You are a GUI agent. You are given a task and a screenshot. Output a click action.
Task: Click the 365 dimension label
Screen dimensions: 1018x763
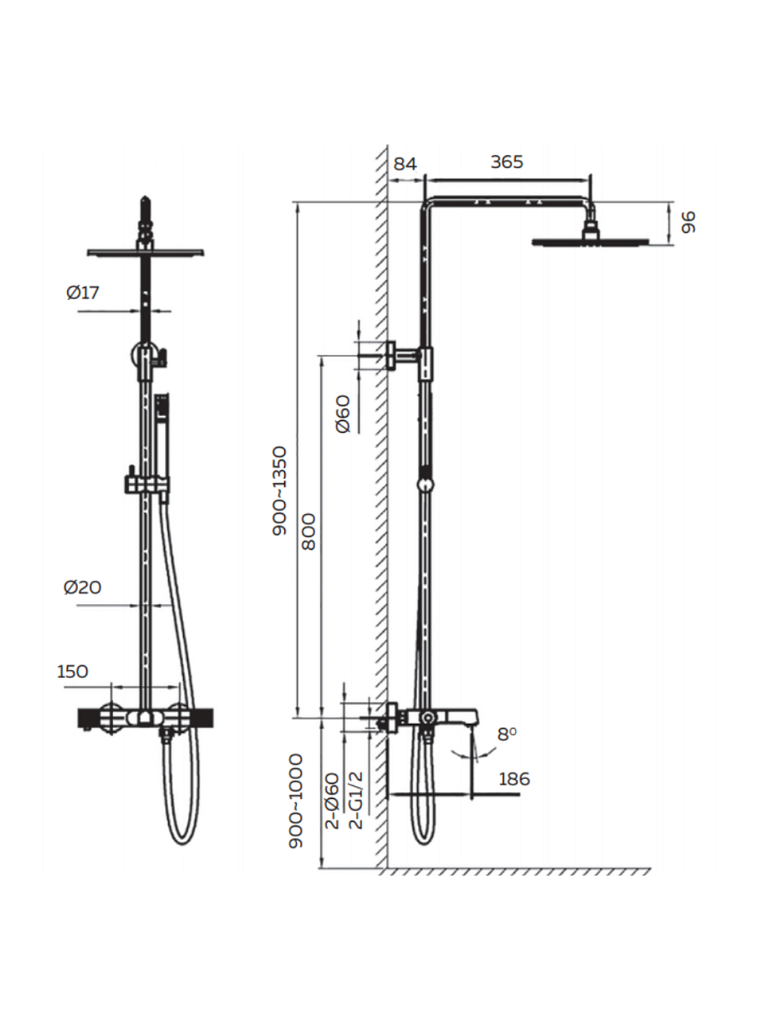tap(507, 162)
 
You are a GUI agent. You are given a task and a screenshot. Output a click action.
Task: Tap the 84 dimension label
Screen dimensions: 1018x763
tap(405, 164)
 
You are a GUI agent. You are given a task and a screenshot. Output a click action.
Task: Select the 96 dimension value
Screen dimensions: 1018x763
tap(688, 222)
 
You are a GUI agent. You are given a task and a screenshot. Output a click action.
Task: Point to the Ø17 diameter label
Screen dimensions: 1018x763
tap(83, 293)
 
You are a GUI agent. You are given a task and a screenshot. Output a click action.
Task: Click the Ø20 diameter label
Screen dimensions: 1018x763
tap(82, 587)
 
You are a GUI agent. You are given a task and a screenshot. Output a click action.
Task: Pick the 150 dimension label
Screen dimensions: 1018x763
tap(73, 671)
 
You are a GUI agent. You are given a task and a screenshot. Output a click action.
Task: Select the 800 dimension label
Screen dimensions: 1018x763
tap(309, 531)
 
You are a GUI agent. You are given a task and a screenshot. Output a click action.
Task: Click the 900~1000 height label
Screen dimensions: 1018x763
tap(296, 800)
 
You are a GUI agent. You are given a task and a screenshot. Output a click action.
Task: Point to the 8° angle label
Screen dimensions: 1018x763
tap(507, 734)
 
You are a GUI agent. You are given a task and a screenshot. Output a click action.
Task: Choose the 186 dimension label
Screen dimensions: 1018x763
tap(513, 779)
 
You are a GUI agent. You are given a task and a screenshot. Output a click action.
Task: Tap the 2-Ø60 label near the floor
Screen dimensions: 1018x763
tap(332, 801)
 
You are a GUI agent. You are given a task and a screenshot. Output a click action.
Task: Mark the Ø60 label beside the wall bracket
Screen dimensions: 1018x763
tap(343, 413)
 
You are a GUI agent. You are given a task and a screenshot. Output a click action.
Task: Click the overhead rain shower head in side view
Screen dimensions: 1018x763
tap(590, 240)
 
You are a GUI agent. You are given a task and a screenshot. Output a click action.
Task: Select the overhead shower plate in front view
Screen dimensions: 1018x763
tap(145, 252)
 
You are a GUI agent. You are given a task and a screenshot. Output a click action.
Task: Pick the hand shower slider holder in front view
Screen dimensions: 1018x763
tap(145, 484)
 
